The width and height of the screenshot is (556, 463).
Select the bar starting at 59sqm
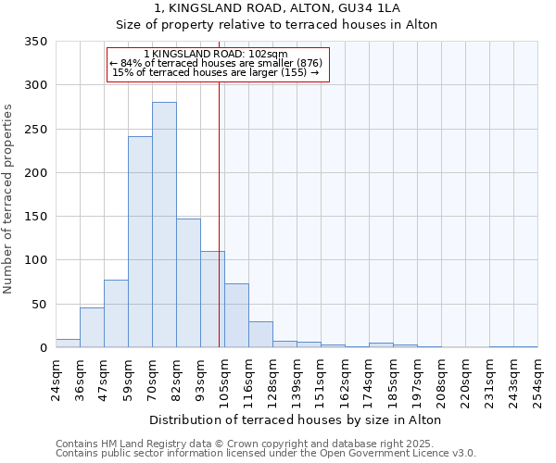140,243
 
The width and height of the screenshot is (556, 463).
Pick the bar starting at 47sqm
116,314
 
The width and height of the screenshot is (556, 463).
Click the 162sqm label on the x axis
345,380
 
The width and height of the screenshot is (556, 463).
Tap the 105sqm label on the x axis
224,380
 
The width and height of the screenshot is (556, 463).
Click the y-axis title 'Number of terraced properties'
8,199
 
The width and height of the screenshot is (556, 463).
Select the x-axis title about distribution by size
295,420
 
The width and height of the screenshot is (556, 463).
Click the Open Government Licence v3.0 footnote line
265,454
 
